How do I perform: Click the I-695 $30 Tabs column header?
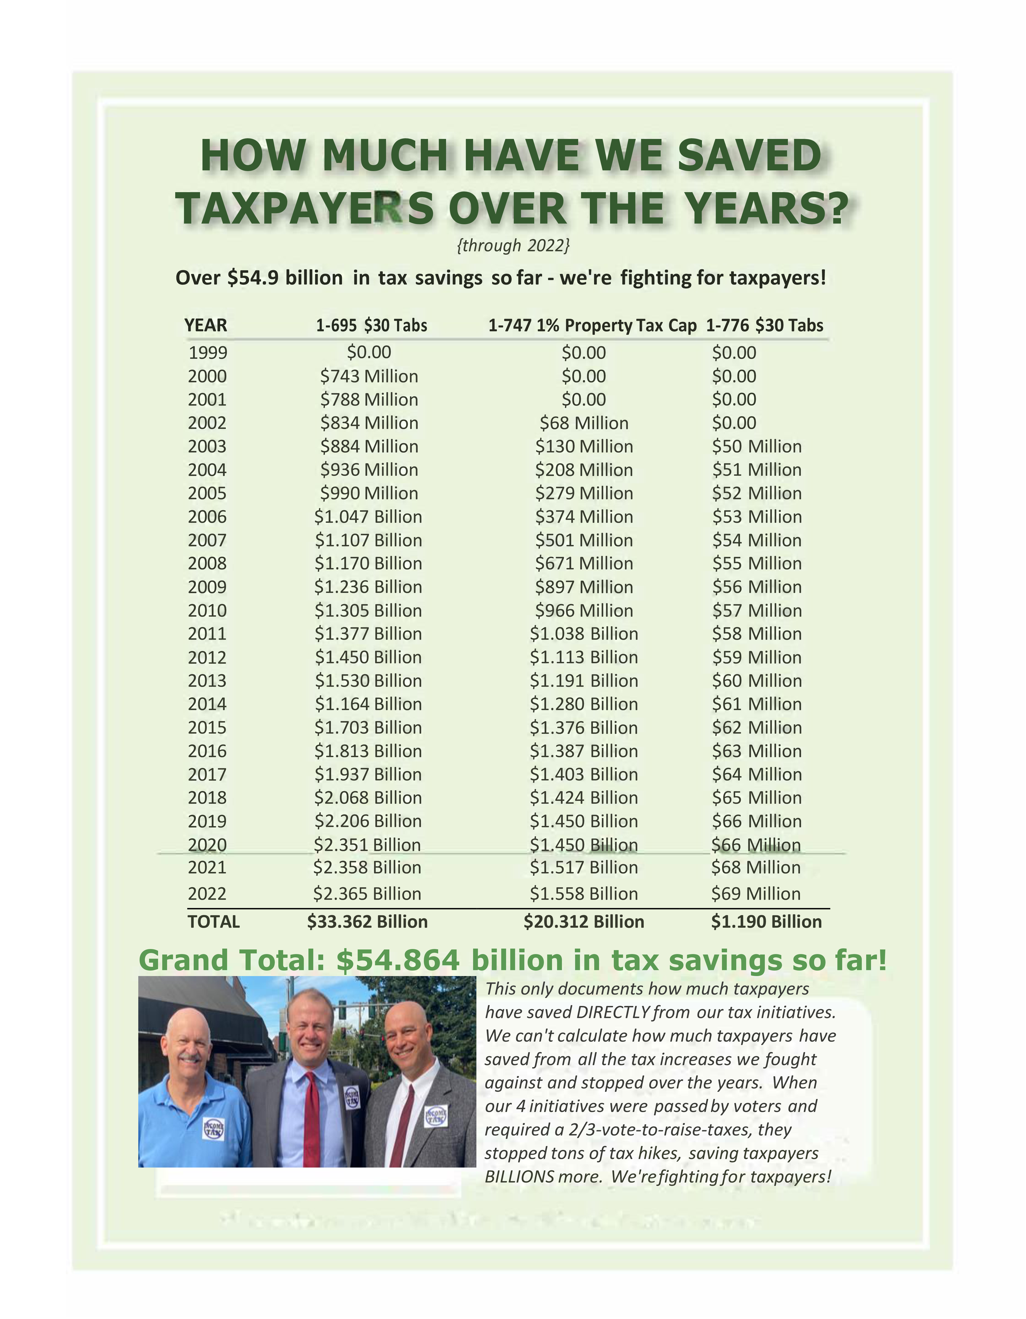[371, 326]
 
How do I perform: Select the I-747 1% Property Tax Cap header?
[592, 326]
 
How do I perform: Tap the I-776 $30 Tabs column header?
[765, 326]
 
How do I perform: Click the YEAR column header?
[206, 326]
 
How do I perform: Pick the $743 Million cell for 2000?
[369, 376]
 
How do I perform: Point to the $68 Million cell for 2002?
[584, 423]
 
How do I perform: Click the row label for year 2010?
[207, 610]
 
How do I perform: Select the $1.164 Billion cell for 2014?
[368, 704]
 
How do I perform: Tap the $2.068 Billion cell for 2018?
[368, 798]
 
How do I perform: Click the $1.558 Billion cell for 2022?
[584, 894]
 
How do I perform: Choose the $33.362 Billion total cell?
[367, 922]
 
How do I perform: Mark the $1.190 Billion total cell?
[766, 922]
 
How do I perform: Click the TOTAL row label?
[214, 922]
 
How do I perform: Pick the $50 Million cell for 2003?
[757, 446]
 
